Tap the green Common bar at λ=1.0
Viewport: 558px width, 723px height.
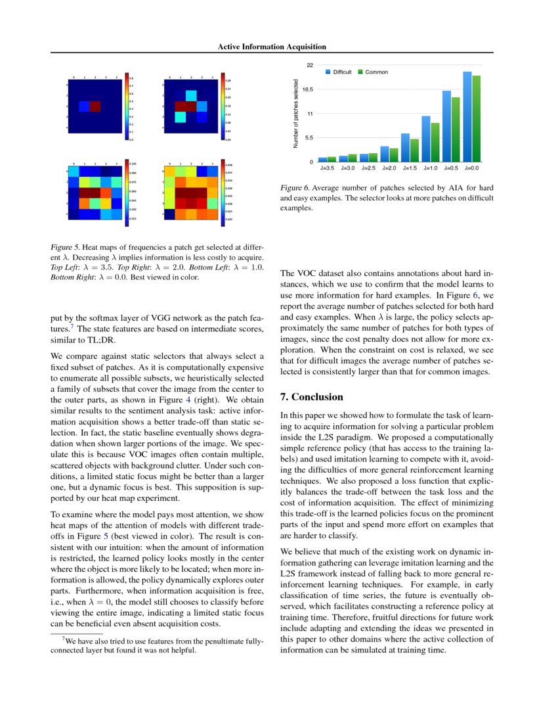coord(434,142)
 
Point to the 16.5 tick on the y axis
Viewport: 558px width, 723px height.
coord(307,89)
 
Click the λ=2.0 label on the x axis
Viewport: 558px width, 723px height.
coord(389,169)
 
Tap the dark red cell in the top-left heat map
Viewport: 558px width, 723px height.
coord(95,106)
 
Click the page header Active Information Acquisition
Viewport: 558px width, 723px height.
coord(272,47)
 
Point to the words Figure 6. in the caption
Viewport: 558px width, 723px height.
coord(293,188)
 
